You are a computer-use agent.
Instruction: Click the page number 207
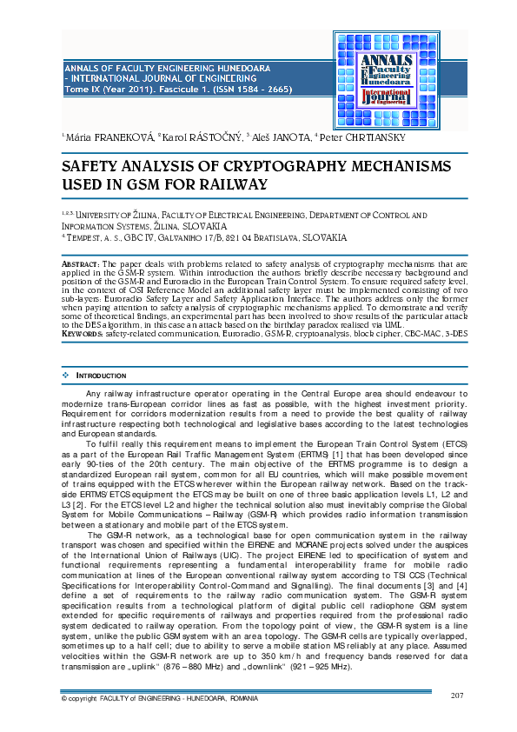click(x=459, y=695)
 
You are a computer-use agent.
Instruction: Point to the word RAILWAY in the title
click(x=220, y=184)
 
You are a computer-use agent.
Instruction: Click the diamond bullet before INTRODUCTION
click(x=65, y=376)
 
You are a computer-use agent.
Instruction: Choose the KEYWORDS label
click(x=82, y=334)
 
